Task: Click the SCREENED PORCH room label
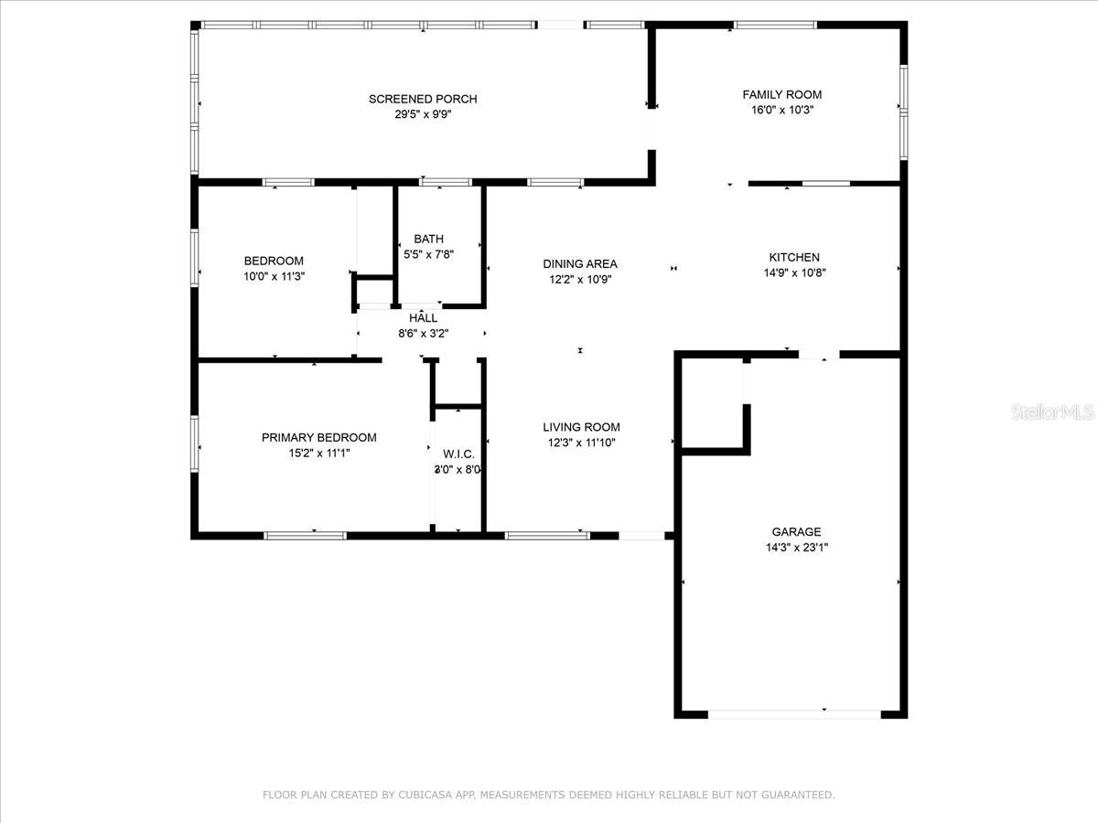pyautogui.click(x=423, y=99)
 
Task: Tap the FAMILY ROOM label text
pyautogui.click(x=781, y=94)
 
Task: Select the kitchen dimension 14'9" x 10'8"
pyautogui.click(x=794, y=273)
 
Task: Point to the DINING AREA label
pyautogui.click(x=580, y=264)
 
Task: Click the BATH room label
pyautogui.click(x=429, y=239)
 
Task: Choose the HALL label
pyautogui.click(x=424, y=318)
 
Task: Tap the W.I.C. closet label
pyautogui.click(x=458, y=454)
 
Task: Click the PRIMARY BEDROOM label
pyautogui.click(x=319, y=438)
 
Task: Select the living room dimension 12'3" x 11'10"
pyautogui.click(x=582, y=443)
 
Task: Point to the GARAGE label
pyautogui.click(x=796, y=531)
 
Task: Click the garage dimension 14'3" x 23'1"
pyautogui.click(x=797, y=548)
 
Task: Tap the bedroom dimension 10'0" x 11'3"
pyautogui.click(x=274, y=276)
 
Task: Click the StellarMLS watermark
pyautogui.click(x=1052, y=412)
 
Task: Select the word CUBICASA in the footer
pyautogui.click(x=425, y=795)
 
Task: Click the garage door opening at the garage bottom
pyautogui.click(x=794, y=714)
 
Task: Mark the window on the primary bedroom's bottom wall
pyautogui.click(x=305, y=536)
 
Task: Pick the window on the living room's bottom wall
pyautogui.click(x=547, y=536)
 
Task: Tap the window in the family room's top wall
pyautogui.click(x=775, y=25)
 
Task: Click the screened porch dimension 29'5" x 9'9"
pyautogui.click(x=424, y=114)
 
